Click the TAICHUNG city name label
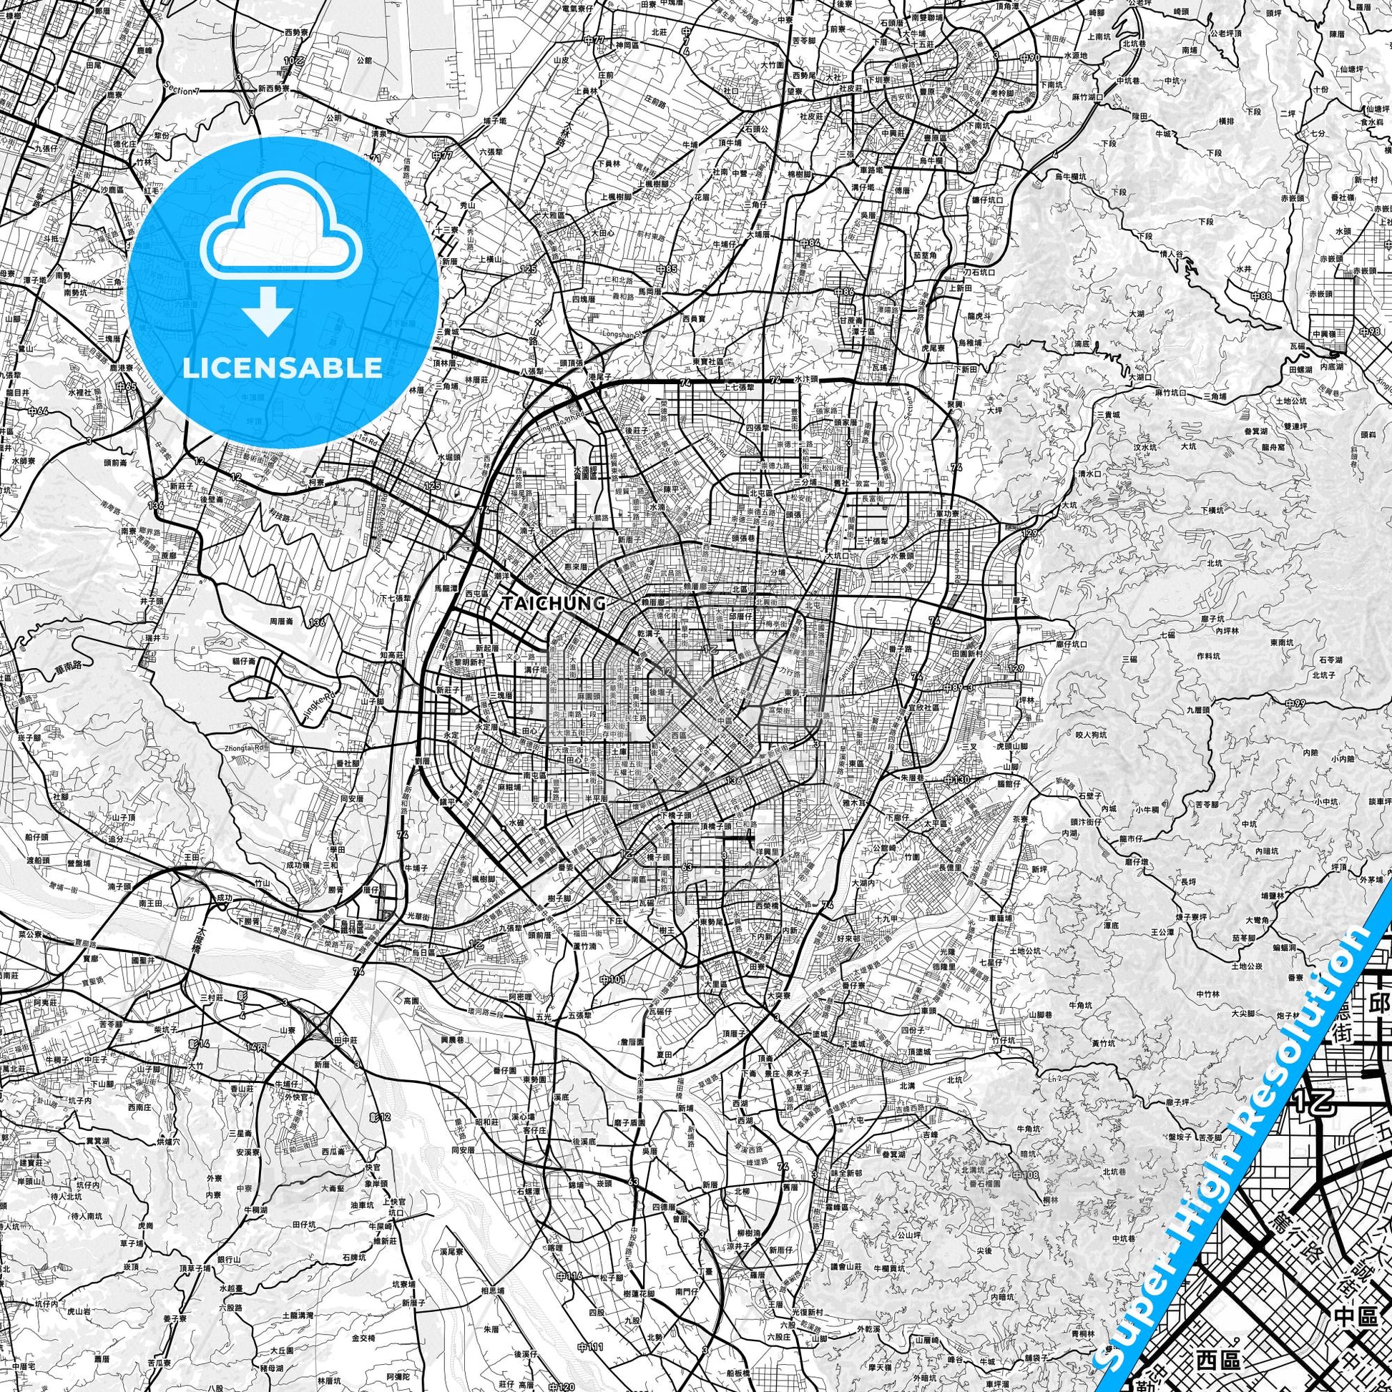pos(554,604)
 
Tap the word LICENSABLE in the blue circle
pos(282,368)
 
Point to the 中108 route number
pos(1029,1176)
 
